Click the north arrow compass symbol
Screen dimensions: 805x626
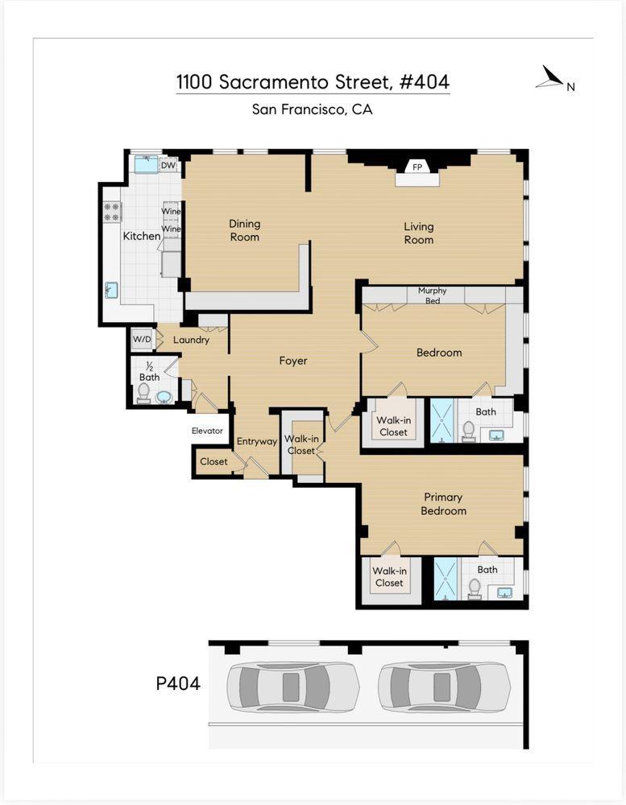pos(550,77)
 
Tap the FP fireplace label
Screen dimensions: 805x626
pos(417,167)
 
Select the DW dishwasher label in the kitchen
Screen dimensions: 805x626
pos(168,166)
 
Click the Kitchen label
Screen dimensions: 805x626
pos(141,236)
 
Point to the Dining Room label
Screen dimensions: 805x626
pos(244,230)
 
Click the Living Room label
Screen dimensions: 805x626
pos(418,233)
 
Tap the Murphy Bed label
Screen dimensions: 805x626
pos(432,295)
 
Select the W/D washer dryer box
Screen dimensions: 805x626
pos(141,339)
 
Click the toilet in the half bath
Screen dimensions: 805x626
pos(143,392)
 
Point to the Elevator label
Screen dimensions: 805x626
pos(207,431)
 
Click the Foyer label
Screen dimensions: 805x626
pos(293,361)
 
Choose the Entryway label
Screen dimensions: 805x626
pos(256,441)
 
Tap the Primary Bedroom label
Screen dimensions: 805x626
pos(443,504)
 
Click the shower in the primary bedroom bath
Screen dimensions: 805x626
pos(446,578)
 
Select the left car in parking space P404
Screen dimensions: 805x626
pos(292,687)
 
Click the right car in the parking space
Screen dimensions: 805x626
pos(443,687)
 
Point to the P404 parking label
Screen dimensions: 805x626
pos(177,684)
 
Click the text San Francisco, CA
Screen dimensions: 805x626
pos(312,109)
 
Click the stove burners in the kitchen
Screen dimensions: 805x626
pos(112,212)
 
